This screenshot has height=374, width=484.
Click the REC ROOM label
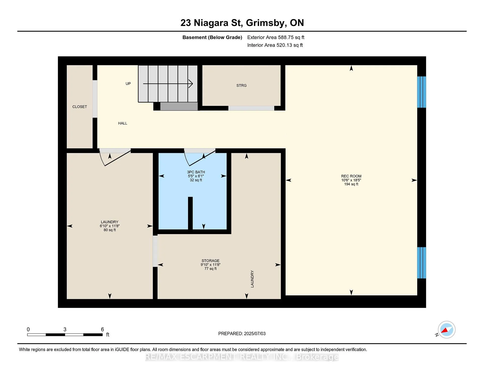click(x=351, y=176)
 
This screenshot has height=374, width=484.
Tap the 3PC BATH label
click(x=196, y=172)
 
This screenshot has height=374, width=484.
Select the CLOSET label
click(x=80, y=107)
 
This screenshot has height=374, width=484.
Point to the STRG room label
click(x=241, y=86)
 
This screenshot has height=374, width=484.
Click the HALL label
click(x=123, y=123)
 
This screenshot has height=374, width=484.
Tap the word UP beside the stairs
click(x=128, y=84)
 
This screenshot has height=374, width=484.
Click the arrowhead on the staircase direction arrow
click(x=191, y=84)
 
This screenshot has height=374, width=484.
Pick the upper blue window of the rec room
click(x=421, y=92)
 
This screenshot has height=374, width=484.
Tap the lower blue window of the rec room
click(x=421, y=263)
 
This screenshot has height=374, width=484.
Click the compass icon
click(x=446, y=330)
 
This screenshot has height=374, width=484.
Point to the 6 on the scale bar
click(x=102, y=329)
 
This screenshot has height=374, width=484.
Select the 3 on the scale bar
click(x=65, y=329)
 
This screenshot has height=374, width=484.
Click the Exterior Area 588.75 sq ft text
click(x=276, y=37)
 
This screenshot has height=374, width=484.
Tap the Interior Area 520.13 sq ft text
click(x=275, y=45)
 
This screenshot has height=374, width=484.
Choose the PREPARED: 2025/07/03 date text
click(x=242, y=334)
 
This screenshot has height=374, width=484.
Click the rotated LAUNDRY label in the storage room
click(x=252, y=279)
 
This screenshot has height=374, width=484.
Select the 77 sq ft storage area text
click(x=210, y=269)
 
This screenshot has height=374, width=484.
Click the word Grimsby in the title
click(x=266, y=23)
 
